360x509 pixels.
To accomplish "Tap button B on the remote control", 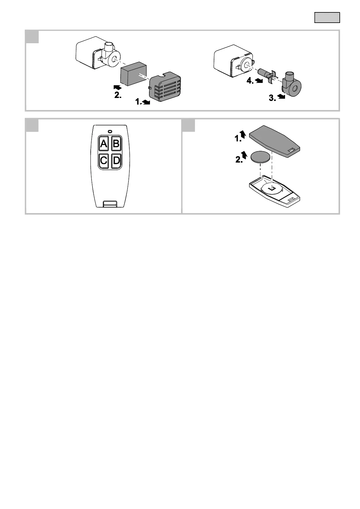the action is coord(116,144).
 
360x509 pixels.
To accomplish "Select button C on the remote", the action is coord(104,160).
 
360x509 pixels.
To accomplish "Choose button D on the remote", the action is coord(116,160).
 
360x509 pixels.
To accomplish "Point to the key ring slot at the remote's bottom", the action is coord(110,204).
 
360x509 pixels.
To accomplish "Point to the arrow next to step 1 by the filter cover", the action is coord(146,103).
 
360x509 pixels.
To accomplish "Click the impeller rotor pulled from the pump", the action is coord(267,75).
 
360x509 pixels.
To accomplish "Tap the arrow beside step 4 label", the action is coord(258,81).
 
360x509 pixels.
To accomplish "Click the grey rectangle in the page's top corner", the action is coord(327,18).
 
